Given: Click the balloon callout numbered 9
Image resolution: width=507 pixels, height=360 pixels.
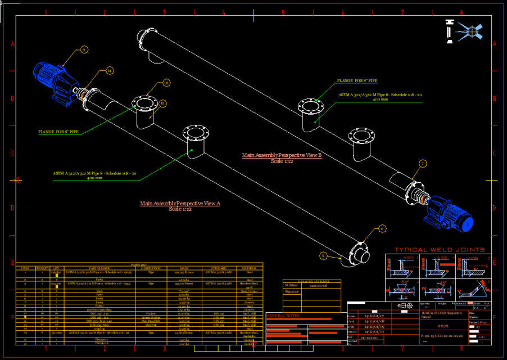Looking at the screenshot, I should tap(84, 50).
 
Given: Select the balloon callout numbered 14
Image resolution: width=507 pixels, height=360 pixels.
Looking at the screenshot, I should tap(110, 71).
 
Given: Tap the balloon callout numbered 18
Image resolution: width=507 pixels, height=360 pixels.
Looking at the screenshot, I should tap(166, 83).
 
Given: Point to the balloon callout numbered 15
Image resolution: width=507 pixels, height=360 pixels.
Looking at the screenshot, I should tap(162, 103).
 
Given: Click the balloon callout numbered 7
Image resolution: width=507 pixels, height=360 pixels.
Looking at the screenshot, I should tap(423, 164).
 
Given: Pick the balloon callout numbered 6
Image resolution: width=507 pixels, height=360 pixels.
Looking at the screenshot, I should tap(382, 228).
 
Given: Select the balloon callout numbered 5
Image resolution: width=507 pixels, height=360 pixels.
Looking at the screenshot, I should tap(323, 255).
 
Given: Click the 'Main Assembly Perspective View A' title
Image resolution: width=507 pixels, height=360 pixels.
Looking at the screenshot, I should tap(180, 203).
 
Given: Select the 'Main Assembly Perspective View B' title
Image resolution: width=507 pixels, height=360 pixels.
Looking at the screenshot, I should tap(282, 155).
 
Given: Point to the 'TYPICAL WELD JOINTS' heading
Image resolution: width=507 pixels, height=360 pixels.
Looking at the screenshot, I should tap(440, 250).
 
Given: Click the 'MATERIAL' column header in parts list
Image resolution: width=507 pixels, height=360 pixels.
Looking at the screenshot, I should tap(249, 268).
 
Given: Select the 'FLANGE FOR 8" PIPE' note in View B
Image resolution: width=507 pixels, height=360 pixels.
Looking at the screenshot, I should tap(357, 81).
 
